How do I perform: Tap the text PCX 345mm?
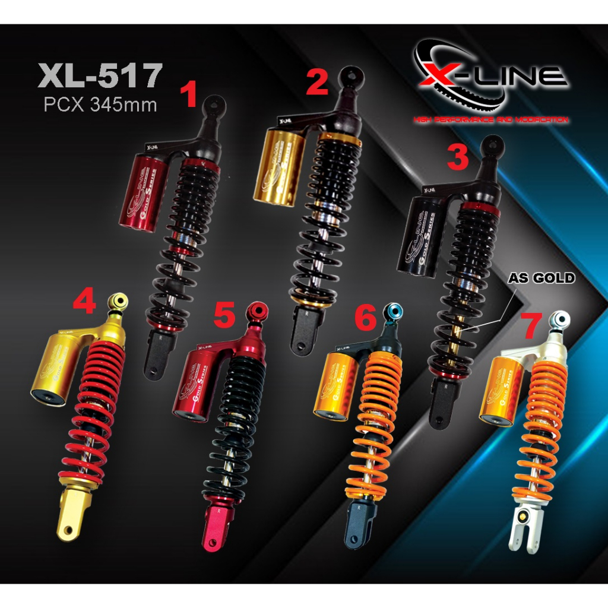click(x=100, y=104)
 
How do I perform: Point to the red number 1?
click(x=189, y=96)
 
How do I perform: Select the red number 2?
click(x=316, y=83)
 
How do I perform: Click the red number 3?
click(x=458, y=158)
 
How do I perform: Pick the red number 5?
click(x=224, y=316)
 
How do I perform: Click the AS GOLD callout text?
click(x=541, y=278)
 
